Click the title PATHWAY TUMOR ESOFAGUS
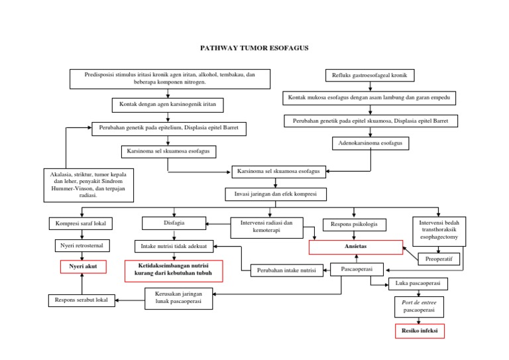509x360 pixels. [x=254, y=48]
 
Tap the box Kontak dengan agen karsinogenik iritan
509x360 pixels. [x=168, y=105]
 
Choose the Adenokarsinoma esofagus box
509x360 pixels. [x=370, y=143]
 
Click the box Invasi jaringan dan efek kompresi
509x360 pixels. [x=276, y=194]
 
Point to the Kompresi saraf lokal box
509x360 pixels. [x=81, y=223]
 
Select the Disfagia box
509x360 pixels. [x=174, y=223]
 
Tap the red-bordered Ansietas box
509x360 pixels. [x=355, y=247]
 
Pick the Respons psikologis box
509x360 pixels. [x=354, y=224]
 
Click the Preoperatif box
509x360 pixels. [x=439, y=259]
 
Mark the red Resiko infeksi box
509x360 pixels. [x=419, y=330]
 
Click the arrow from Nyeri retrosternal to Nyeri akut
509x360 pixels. [x=81, y=257]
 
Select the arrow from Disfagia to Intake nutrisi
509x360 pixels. [x=174, y=235]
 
